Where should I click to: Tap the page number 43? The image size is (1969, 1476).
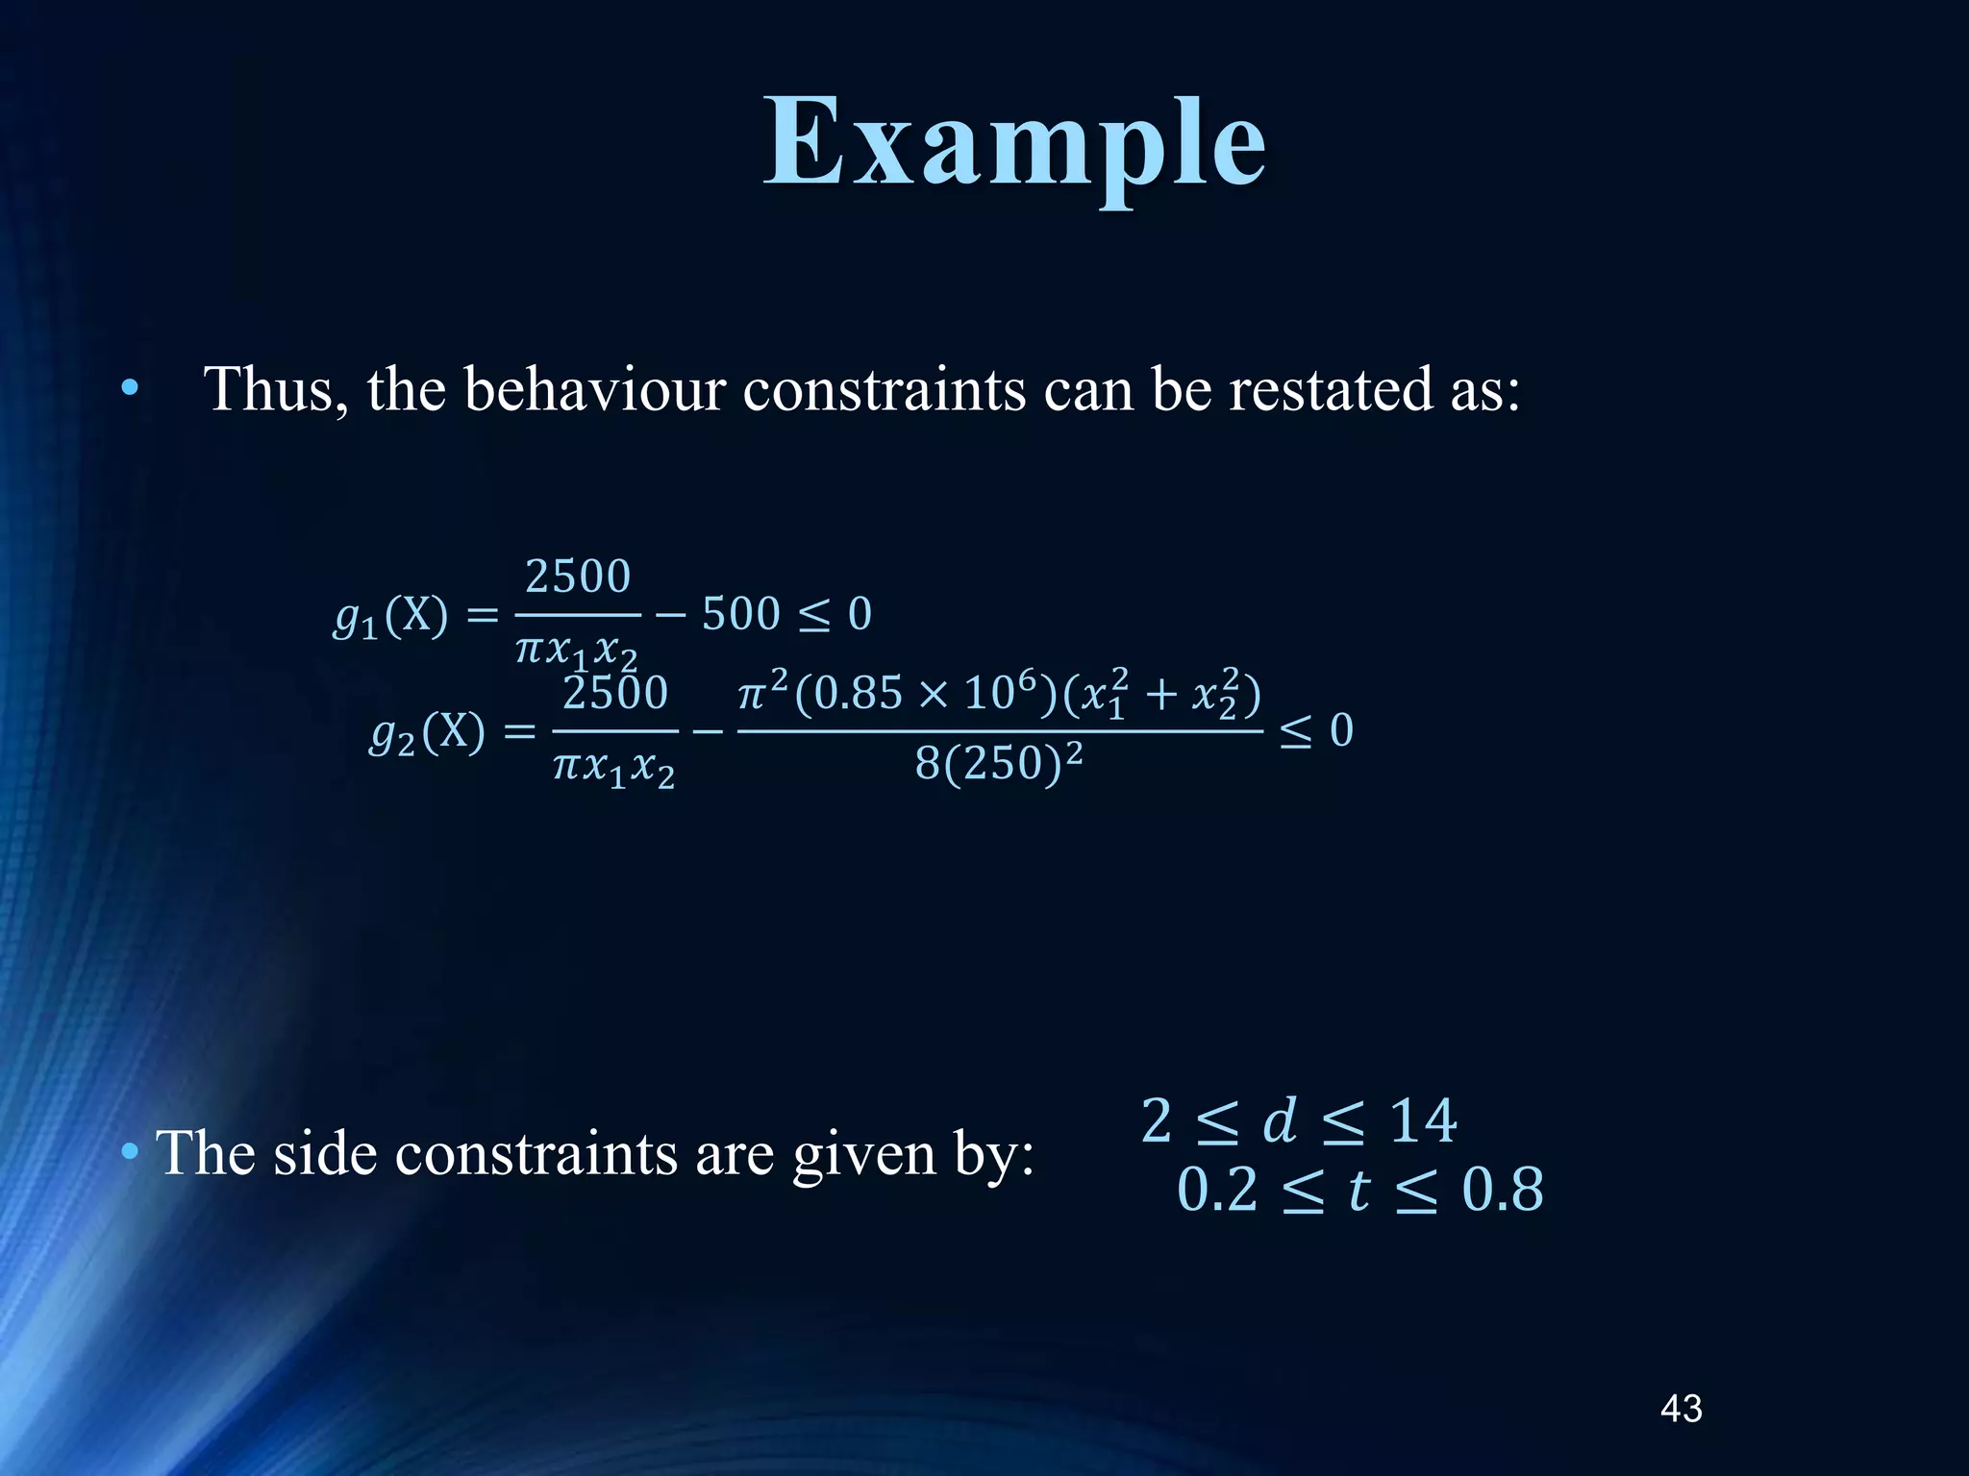point(1681,1408)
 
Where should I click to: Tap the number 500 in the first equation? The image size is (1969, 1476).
point(740,615)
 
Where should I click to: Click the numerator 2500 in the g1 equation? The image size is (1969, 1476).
point(578,578)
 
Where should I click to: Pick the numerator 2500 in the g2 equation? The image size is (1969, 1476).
point(615,694)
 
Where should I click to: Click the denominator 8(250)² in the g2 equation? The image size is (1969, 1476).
point(999,764)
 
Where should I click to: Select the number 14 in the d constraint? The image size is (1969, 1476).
point(1423,1120)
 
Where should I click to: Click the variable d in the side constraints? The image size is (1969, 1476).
point(1279,1120)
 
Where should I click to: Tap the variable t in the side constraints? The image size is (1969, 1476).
point(1358,1191)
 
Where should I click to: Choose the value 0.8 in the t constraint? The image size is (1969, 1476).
point(1503,1190)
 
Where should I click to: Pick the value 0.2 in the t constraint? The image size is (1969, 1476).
point(1217,1190)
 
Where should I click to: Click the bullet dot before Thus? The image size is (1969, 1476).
point(130,389)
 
